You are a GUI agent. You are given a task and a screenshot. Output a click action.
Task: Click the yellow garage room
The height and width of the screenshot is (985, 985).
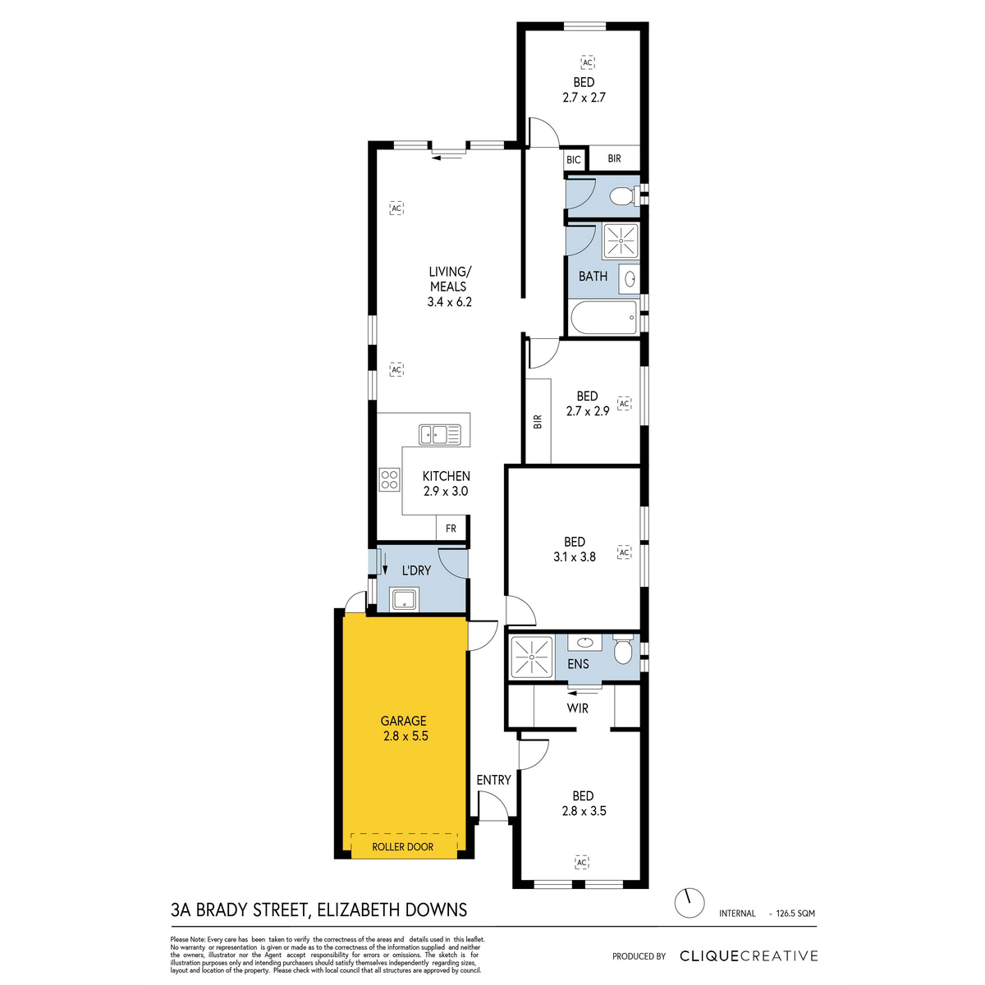coord(404,736)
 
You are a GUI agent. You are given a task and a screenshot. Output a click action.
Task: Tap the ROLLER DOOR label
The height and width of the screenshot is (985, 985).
coord(403,847)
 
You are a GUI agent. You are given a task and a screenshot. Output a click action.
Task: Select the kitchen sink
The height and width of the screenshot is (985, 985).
coord(440,434)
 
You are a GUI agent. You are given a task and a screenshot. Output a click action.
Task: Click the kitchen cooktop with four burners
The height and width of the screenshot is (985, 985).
coord(390,480)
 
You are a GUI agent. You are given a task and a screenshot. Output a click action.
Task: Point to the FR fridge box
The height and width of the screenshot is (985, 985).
coord(451,529)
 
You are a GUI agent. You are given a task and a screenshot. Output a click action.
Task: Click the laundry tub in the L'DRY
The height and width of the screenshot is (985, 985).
coord(405,598)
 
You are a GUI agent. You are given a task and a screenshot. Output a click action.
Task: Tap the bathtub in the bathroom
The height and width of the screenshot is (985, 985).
coord(603,318)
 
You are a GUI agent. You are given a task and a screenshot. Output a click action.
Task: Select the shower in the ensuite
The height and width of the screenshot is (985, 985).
coord(532,657)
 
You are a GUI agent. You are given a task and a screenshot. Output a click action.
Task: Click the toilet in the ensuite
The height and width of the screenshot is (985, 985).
coord(623,649)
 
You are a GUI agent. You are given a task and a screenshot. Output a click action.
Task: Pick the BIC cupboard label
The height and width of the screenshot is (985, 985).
coord(574,159)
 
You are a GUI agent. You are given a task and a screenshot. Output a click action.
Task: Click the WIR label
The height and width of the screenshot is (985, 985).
coord(578,708)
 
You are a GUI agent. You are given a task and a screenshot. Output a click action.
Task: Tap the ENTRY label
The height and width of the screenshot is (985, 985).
coord(494,780)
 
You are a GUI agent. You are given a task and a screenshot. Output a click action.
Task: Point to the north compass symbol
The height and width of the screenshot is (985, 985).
coord(689,903)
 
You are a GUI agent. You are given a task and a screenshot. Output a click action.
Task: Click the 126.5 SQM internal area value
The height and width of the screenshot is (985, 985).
coord(795,914)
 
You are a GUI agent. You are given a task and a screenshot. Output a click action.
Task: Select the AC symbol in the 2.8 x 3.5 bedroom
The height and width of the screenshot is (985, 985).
coord(582,863)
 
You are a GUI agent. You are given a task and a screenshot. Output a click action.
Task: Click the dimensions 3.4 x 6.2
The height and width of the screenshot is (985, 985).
coord(449,301)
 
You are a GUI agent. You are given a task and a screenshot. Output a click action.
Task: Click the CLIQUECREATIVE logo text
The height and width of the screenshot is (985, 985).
coord(749,955)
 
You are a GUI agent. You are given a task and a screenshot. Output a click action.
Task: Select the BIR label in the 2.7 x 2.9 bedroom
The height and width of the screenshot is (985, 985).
coord(538,421)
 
